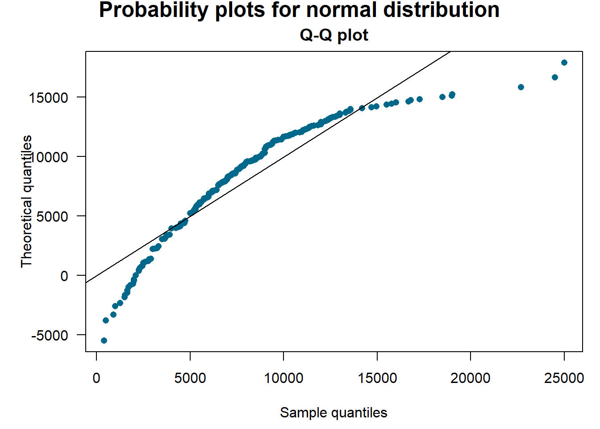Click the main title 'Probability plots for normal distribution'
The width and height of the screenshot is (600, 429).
click(299, 10)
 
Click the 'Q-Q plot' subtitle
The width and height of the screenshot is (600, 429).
click(334, 35)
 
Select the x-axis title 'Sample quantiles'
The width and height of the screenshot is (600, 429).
click(333, 412)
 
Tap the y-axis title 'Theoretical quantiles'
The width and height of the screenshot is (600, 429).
click(27, 201)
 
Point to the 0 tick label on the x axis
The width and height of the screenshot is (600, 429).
click(96, 378)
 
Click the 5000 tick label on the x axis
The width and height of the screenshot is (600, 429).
click(190, 378)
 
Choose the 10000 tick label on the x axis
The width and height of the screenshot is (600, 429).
click(283, 378)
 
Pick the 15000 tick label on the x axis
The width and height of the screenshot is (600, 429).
click(377, 378)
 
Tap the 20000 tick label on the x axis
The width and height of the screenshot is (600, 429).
click(470, 378)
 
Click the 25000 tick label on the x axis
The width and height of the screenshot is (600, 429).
click(564, 378)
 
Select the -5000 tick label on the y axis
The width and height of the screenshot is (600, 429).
click(50, 335)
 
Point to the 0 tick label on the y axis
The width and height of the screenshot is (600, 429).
click(64, 276)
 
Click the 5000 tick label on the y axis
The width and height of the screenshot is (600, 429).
click(52, 216)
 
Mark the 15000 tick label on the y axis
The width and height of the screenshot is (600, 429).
click(49, 97)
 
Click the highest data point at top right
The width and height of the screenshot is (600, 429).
click(564, 63)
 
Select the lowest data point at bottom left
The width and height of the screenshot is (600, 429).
click(104, 341)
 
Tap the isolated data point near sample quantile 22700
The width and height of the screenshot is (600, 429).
click(521, 87)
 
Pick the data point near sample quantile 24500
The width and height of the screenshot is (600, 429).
click(555, 77)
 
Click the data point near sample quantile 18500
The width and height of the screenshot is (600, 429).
click(442, 97)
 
